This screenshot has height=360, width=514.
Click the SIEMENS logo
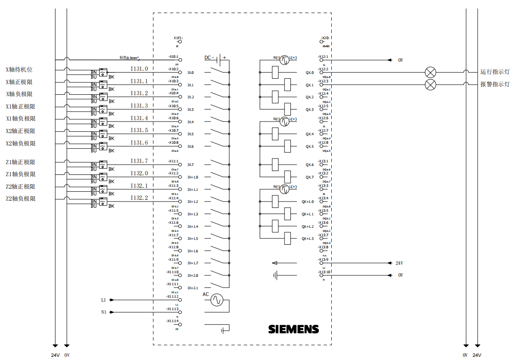(x=293, y=329)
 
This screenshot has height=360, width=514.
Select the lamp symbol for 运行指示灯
(x=430, y=73)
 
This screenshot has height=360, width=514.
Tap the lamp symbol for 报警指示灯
(x=430, y=85)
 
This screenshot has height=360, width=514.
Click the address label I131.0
(x=139, y=69)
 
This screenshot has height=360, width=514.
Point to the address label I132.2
(x=139, y=198)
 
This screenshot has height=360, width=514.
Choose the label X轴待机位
(x=19, y=70)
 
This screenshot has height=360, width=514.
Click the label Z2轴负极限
(x=20, y=199)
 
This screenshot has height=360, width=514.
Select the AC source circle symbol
(x=217, y=300)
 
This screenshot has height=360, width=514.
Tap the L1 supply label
(x=104, y=300)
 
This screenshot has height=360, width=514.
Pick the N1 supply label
(x=104, y=312)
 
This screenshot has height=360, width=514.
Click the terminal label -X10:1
(x=173, y=57)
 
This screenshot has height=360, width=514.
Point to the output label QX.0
(x=309, y=73)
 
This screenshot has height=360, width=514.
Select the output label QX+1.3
(x=308, y=239)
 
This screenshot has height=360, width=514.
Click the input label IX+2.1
(x=193, y=288)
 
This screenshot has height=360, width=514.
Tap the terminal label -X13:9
(x=323, y=259)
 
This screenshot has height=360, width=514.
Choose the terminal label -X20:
(x=324, y=38)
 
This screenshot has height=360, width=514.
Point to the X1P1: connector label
(x=178, y=38)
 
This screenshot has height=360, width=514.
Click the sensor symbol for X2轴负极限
(x=103, y=146)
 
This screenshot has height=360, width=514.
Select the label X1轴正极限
(x=20, y=107)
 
